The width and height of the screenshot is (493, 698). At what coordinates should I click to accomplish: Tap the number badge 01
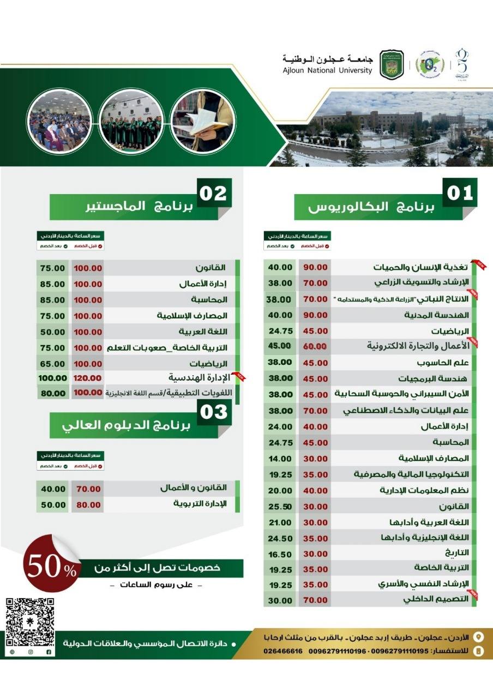459,193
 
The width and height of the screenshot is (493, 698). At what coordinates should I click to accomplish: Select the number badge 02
214,193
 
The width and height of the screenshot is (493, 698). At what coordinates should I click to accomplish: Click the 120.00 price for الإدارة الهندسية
88,377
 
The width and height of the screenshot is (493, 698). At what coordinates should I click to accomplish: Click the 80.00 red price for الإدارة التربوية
88,505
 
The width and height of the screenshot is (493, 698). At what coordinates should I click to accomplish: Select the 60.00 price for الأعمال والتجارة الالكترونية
315,346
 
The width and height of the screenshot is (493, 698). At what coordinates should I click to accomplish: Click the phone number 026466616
283,651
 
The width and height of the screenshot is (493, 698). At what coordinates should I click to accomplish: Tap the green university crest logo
392,64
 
